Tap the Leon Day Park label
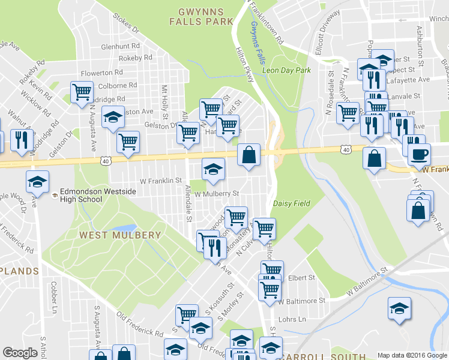[286, 70]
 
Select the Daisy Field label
[292, 203]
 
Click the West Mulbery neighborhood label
[120, 235]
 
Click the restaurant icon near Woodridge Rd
[22, 140]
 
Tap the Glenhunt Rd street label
[120, 46]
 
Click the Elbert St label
[301, 278]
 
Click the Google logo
[20, 353]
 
